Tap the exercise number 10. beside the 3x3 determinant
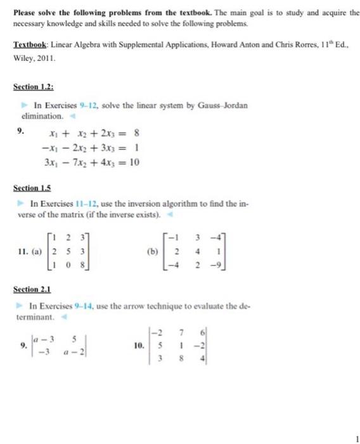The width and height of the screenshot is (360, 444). click(x=139, y=345)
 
